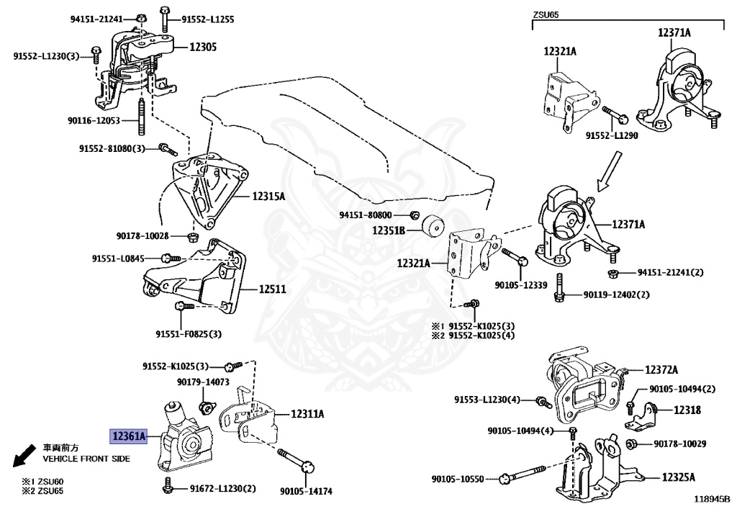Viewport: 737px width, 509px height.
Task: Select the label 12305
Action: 203,47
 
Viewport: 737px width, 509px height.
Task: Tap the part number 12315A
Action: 268,196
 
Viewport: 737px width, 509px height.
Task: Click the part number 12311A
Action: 307,414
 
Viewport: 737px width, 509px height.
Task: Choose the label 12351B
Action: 389,230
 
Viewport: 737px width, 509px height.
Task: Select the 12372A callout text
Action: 661,370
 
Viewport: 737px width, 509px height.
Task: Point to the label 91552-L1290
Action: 611,135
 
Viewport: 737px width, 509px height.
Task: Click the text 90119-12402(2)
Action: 616,294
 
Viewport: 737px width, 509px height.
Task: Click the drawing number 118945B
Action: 711,498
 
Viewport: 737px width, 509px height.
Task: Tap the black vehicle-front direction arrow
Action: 24,454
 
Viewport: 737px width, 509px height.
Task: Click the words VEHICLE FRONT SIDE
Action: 86,459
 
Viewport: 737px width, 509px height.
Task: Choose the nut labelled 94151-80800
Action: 415,215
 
